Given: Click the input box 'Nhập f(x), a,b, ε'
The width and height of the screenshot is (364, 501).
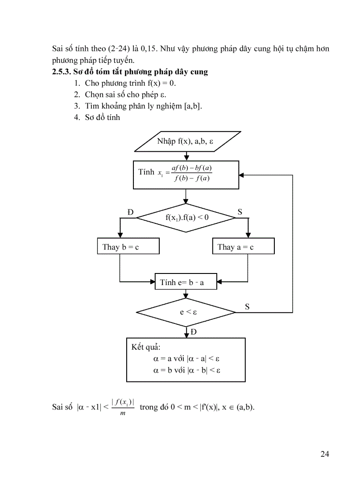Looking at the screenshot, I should [x=188, y=141].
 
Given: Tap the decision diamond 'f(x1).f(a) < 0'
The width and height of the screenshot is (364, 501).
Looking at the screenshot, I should [x=186, y=217].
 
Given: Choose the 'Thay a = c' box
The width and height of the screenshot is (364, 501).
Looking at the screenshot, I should [x=243, y=246].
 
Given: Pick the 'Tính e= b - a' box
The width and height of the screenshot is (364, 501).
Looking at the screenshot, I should [x=186, y=282].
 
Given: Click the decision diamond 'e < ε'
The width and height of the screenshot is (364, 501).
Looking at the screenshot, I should [x=186, y=312].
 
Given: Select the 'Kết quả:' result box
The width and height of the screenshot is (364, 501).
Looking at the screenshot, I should [x=186, y=360].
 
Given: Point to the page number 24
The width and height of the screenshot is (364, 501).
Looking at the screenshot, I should [x=324, y=454].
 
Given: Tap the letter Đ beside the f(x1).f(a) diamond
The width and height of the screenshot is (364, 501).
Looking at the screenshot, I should [x=131, y=212].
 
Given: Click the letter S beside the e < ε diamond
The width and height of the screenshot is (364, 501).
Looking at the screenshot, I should [x=247, y=306].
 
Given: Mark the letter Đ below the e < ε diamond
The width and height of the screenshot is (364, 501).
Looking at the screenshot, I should [x=194, y=332].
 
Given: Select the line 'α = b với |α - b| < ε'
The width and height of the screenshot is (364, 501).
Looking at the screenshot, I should [x=184, y=370].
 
